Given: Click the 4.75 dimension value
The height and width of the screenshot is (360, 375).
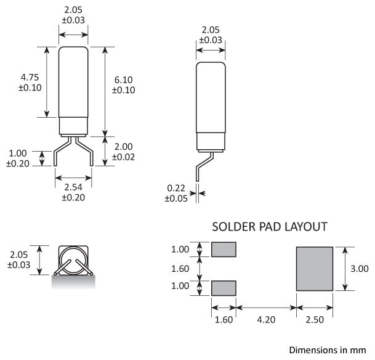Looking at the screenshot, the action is pyautogui.click(x=30, y=78).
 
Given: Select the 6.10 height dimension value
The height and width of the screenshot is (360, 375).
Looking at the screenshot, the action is pyautogui.click(x=123, y=80).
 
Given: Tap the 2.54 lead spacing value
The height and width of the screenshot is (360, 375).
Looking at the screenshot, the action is pyautogui.click(x=73, y=187).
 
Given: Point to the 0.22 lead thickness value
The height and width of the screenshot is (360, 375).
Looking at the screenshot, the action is pyautogui.click(x=176, y=188).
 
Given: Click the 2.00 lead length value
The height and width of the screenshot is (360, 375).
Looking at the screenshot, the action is pyautogui.click(x=123, y=147).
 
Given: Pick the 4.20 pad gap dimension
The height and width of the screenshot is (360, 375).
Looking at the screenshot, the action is pyautogui.click(x=266, y=319).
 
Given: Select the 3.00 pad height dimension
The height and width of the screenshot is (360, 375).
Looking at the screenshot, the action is pyautogui.click(x=359, y=269).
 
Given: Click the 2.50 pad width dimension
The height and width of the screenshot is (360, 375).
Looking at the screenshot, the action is pyautogui.click(x=315, y=319).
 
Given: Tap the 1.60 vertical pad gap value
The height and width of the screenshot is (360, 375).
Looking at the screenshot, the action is pyautogui.click(x=180, y=269).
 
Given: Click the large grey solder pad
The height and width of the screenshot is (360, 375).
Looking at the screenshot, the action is pyautogui.click(x=315, y=269).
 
